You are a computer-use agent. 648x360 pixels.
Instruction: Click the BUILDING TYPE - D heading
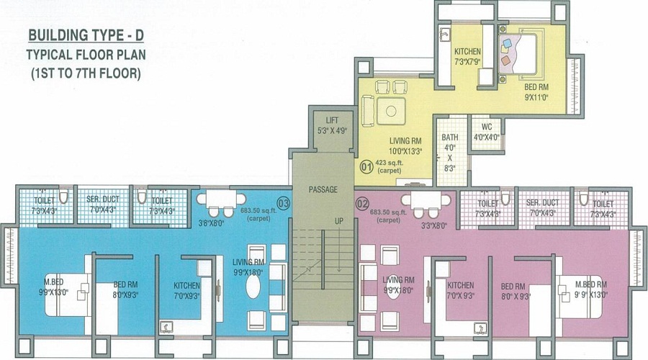86,35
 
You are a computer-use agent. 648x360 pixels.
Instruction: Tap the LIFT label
332,120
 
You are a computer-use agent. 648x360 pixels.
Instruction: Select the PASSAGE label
323,189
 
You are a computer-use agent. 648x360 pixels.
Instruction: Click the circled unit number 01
366,167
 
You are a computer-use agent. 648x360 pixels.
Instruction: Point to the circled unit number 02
362,204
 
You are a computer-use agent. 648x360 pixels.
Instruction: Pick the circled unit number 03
284,203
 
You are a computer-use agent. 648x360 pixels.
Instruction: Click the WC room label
487,127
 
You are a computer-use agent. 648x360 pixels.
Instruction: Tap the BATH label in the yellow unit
449,138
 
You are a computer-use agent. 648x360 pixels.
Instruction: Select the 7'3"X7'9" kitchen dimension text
467,62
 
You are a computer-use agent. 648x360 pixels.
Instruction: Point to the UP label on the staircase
339,221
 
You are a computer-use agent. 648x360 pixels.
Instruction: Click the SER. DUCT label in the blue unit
103,199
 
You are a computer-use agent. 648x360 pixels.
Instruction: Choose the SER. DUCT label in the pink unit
543,203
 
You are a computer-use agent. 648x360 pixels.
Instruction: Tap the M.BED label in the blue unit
54,282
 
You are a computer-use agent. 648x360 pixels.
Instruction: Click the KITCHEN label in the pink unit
460,285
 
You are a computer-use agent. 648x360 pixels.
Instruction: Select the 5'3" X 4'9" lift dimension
332,130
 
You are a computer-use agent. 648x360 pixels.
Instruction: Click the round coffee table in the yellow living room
391,111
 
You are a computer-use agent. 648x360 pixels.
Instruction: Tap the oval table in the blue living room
253,287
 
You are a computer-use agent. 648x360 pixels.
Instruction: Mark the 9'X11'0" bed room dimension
536,98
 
